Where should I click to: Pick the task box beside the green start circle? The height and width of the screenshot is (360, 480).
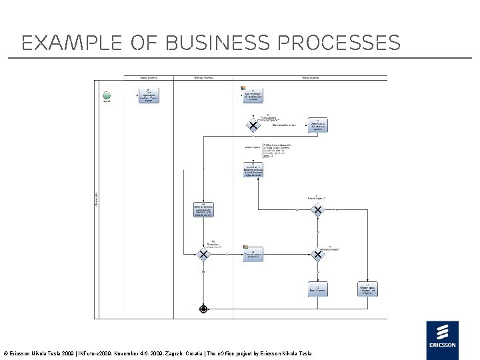point(148,95)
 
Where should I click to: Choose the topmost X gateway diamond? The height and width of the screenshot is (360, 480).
point(253,125)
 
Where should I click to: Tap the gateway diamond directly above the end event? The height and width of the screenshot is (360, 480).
point(203,254)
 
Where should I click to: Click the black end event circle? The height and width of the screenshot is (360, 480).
point(203,309)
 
